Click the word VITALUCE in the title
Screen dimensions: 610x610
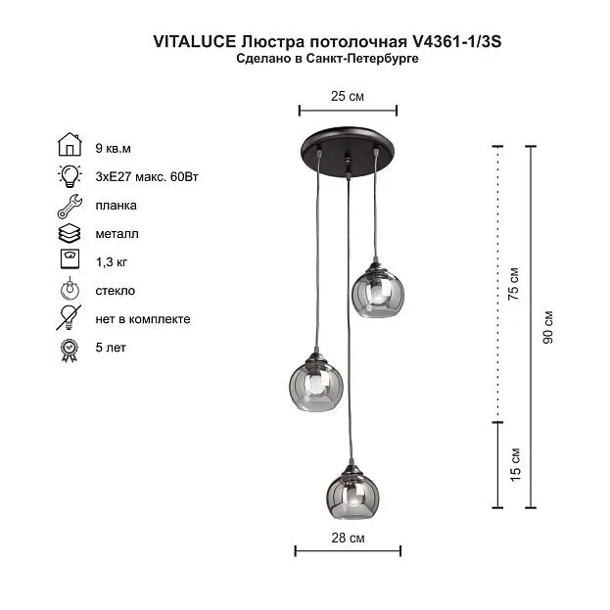click(x=195, y=42)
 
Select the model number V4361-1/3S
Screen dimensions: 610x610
click(x=456, y=42)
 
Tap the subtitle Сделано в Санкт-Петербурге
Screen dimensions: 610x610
click(x=327, y=59)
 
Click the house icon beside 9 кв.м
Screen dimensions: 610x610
click(x=70, y=144)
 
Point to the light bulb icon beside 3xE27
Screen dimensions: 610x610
click(x=70, y=176)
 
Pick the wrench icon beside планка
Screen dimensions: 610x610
click(x=70, y=206)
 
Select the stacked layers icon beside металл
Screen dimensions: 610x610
click(x=70, y=233)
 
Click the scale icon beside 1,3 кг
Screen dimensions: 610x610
click(x=70, y=258)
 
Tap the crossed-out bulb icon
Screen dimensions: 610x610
click(x=69, y=317)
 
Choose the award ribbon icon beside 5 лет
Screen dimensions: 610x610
click(x=70, y=351)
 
